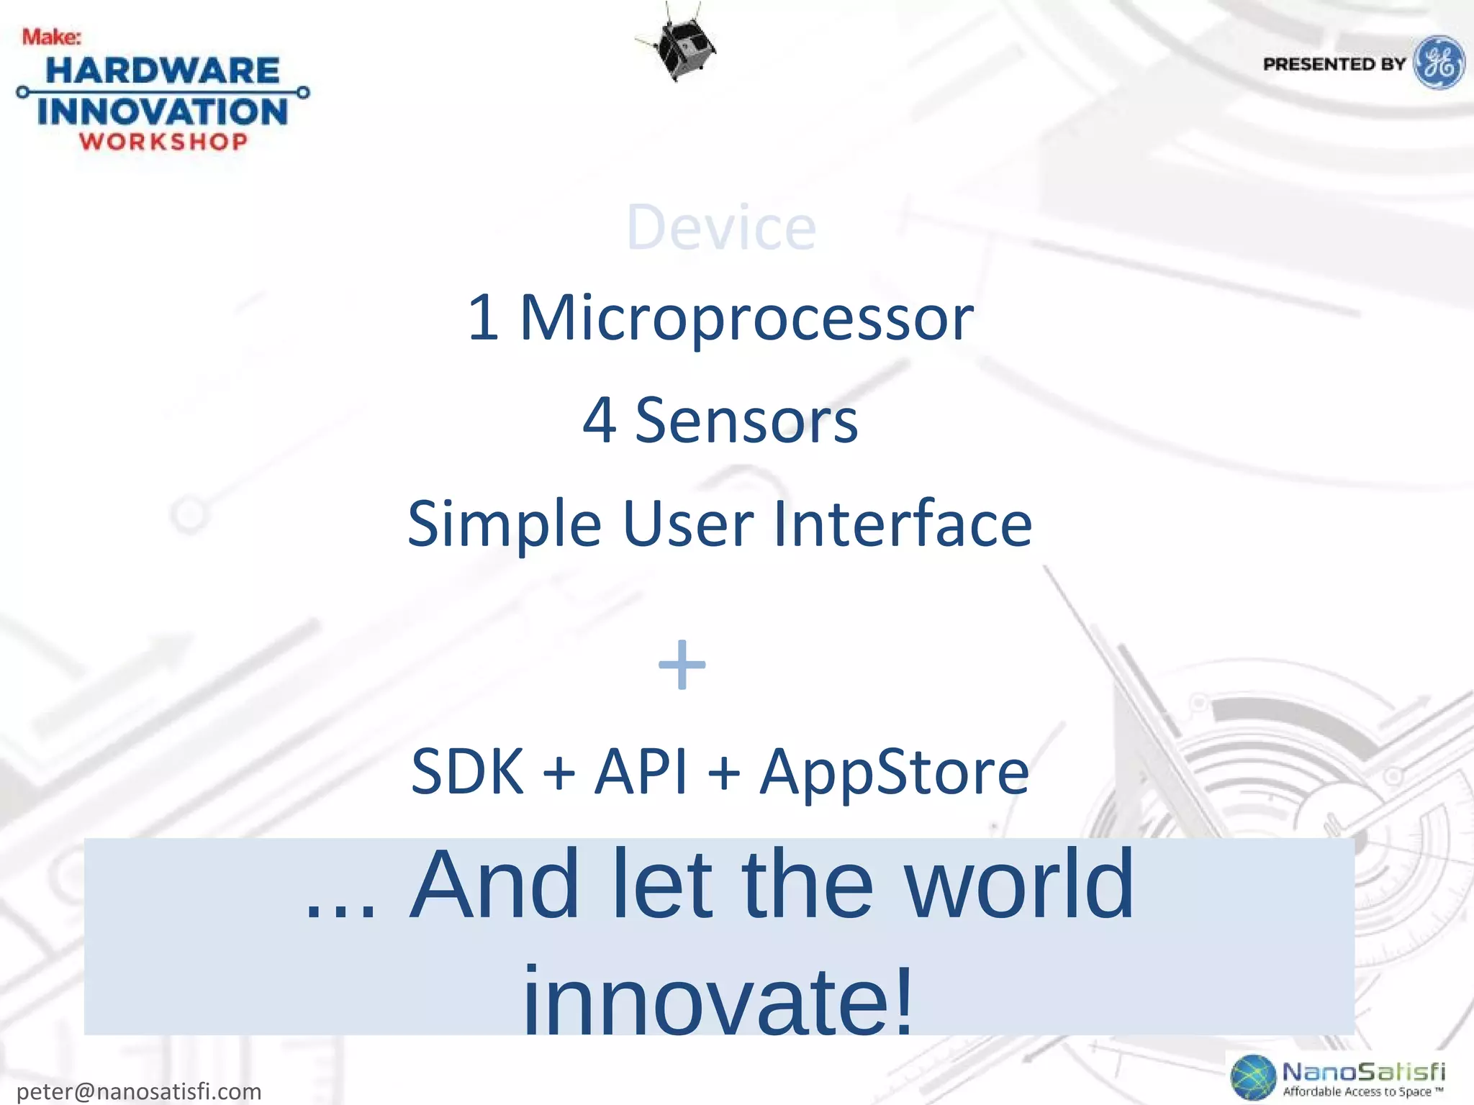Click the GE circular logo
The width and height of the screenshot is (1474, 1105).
point(1439,63)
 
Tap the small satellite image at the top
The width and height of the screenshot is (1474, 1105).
point(677,45)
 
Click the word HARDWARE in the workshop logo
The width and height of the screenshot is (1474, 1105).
point(163,71)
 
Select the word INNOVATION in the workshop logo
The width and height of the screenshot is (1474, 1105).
point(163,112)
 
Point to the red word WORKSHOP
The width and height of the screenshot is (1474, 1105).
point(163,141)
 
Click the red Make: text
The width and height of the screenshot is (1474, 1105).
point(51,37)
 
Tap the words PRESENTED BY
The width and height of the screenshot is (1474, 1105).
point(1334,64)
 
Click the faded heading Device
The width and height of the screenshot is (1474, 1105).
point(721,227)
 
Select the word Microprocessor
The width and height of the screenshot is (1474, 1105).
point(746,317)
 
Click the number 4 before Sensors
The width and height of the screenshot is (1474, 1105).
point(599,420)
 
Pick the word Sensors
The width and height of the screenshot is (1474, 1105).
point(746,420)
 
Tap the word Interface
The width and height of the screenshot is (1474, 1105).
point(903,523)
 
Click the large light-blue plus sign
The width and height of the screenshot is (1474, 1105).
point(682,665)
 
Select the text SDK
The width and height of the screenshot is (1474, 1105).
point(467,771)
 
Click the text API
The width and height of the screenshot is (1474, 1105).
point(641,771)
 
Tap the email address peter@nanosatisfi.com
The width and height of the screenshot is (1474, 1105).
point(139,1091)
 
